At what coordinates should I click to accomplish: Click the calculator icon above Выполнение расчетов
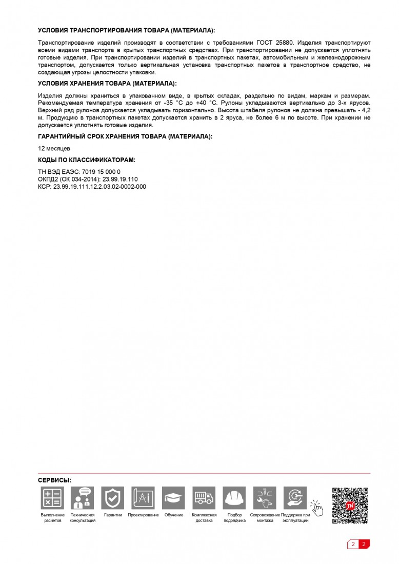52,498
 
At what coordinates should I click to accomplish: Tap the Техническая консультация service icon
83,498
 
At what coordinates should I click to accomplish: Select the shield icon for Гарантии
113,498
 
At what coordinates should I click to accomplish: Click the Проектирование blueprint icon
143,498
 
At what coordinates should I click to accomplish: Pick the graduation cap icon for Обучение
173,498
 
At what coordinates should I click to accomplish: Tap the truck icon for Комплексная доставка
204,498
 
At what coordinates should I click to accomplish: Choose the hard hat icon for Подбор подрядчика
234,498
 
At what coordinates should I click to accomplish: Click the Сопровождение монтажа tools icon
265,498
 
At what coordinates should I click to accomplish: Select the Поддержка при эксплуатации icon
295,498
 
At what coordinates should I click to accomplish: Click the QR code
350,506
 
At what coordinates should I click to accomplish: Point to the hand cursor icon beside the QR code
317,508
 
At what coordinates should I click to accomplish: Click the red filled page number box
364,544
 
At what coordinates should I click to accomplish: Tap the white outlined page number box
353,544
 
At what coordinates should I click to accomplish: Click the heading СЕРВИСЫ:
55,480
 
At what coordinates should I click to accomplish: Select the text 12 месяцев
54,148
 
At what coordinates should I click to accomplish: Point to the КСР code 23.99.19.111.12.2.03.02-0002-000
99,187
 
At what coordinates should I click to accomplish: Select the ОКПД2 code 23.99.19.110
120,179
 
